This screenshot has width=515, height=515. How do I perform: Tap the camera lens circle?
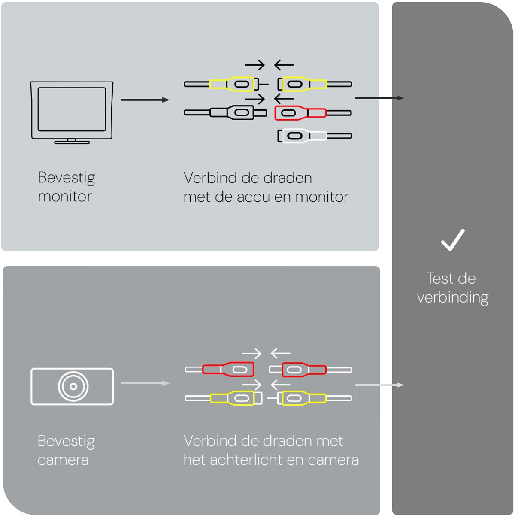73,386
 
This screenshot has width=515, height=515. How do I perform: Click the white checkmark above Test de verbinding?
453,240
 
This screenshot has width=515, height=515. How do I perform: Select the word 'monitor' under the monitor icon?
65,197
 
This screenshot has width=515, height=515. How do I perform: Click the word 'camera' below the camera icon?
63,460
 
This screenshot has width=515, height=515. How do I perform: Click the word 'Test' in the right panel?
440,279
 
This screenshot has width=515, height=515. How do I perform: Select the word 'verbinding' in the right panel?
453,297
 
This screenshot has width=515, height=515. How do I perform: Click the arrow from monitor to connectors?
145,100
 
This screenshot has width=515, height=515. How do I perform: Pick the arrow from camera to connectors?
145,383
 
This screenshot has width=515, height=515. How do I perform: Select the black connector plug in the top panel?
232,113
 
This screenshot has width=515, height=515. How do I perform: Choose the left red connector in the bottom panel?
228,370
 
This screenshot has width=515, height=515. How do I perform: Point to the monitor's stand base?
72,142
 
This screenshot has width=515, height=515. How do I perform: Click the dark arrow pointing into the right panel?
379,98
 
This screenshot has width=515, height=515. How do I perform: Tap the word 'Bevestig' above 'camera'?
66,441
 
